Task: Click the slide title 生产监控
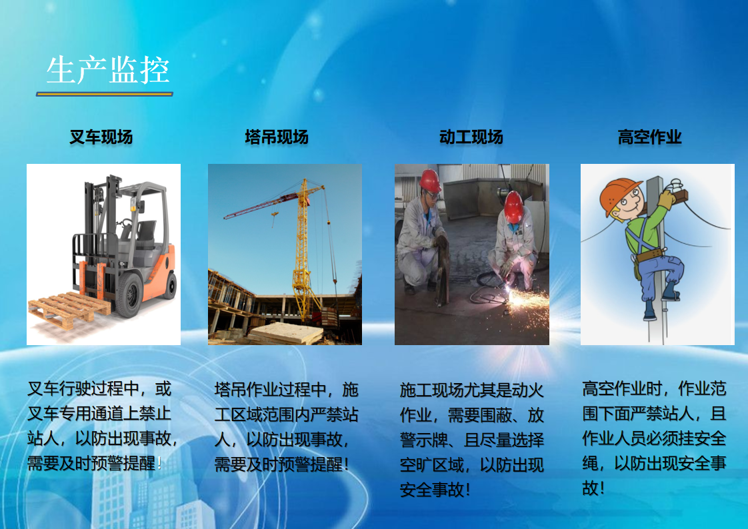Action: (108, 70)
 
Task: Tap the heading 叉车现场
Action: (101, 137)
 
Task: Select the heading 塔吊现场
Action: (277, 137)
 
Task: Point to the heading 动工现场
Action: (471, 137)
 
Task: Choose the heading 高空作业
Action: (650, 137)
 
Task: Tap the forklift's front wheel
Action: (129, 295)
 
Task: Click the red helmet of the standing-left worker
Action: (430, 180)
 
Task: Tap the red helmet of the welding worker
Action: (513, 206)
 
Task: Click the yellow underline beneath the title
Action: (105, 94)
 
